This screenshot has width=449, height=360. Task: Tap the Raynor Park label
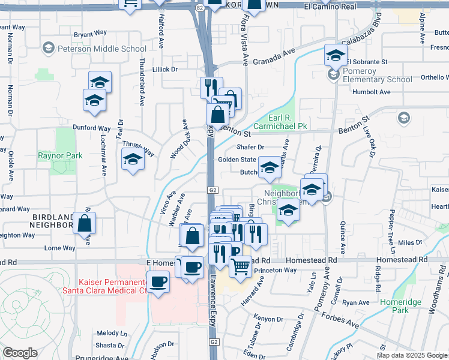[x=60, y=155]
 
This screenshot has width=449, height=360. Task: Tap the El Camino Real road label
[x=330, y=6]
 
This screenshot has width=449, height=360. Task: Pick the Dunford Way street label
[x=92, y=128]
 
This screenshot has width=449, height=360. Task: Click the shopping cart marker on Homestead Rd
[x=241, y=266]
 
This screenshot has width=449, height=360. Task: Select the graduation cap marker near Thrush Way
[x=133, y=160]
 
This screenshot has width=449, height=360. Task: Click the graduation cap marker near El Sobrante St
[x=336, y=56]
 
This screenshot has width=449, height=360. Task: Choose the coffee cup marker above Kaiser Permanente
[x=192, y=266]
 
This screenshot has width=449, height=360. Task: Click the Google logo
[x=20, y=353]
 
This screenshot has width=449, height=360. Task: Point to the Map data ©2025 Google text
[x=412, y=355]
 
